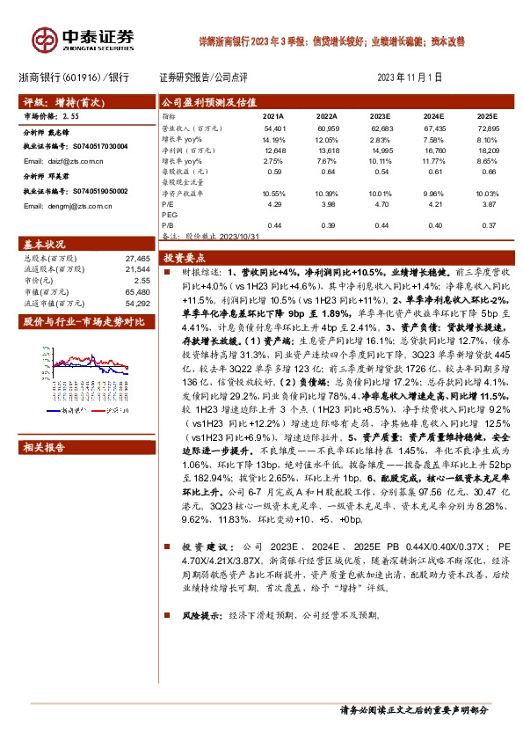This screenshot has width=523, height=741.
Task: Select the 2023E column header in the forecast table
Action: point(381,115)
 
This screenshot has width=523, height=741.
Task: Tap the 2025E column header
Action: point(486,115)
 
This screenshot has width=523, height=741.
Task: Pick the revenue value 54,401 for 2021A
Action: point(274,129)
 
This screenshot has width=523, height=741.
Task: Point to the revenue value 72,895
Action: point(486,129)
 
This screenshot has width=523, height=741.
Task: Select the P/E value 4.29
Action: point(274,203)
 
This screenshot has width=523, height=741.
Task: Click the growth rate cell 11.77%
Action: point(433,161)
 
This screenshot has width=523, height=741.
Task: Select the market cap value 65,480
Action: point(139,291)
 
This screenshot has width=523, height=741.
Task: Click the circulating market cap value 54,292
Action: point(139,303)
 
